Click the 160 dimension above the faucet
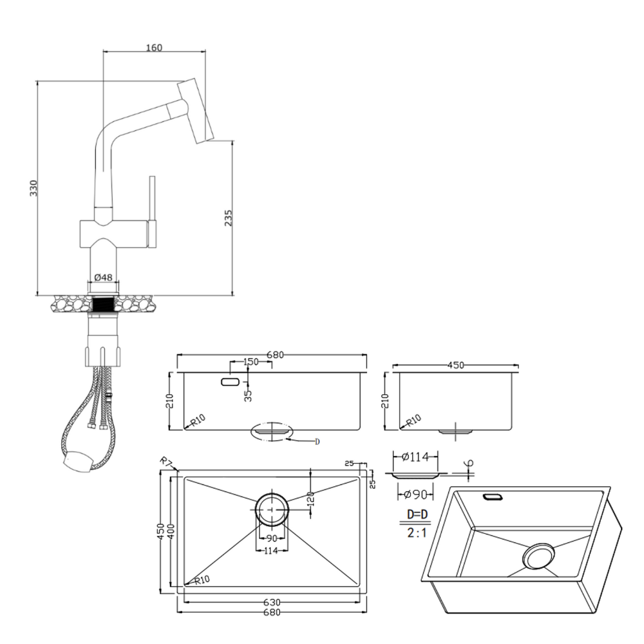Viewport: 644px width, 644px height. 154,47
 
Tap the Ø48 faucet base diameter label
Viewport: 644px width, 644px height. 103,277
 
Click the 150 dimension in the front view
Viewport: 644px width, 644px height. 251,362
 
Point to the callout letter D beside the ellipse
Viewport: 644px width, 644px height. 317,441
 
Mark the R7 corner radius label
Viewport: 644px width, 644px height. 166,462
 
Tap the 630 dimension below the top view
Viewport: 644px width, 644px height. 270,603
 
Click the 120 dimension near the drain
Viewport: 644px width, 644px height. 311,499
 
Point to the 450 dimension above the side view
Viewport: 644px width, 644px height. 455,365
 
